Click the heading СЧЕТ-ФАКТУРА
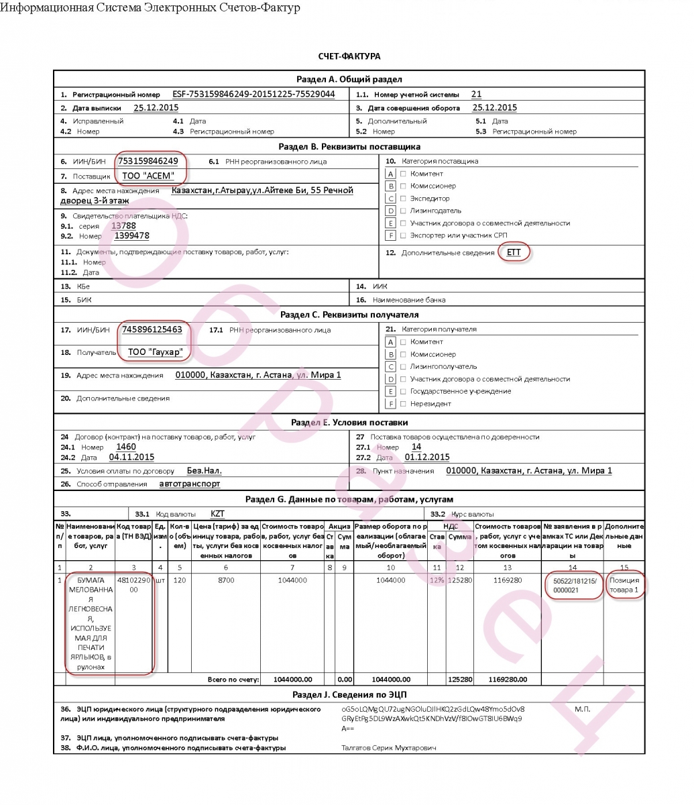[349, 56]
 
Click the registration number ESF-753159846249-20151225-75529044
[253, 95]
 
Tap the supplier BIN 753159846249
[148, 161]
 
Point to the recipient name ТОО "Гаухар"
[155, 352]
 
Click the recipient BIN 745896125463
[152, 329]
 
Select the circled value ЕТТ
[514, 252]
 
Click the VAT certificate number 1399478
[132, 236]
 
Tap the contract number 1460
[126, 447]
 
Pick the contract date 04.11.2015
[131, 457]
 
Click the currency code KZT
[218, 513]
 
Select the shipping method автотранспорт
[189, 484]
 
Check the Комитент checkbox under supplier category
[403, 174]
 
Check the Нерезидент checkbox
[403, 404]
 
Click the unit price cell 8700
[226, 580]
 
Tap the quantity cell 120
[179, 580]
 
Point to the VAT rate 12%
[437, 580]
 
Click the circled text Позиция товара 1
[624, 585]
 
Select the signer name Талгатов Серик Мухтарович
[389, 747]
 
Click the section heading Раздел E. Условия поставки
[349, 423]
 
